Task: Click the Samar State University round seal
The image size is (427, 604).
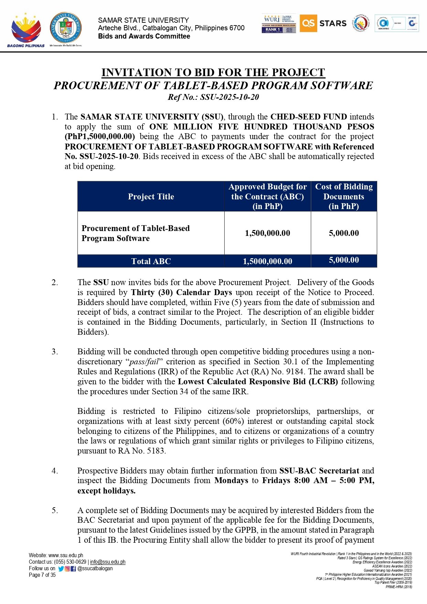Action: click(66, 28)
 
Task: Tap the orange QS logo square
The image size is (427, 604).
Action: click(308, 23)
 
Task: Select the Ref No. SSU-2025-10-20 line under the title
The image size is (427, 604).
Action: click(213, 97)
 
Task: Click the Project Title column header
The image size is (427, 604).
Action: click(151, 197)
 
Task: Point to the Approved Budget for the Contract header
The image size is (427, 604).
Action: click(267, 197)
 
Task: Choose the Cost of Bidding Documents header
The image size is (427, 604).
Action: click(344, 197)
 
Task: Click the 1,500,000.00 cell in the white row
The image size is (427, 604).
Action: click(267, 233)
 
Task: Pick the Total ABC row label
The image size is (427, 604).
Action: click(151, 261)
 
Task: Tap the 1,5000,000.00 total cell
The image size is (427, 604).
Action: click(267, 261)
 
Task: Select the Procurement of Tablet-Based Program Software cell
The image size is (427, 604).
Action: click(136, 233)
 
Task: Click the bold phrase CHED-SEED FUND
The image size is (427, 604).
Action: click(310, 117)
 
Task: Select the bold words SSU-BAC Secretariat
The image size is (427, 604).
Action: click(319, 471)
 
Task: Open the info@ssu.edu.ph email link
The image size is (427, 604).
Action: click(108, 562)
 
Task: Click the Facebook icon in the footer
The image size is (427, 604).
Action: click(73, 569)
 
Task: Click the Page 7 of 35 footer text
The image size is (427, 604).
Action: click(42, 575)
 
